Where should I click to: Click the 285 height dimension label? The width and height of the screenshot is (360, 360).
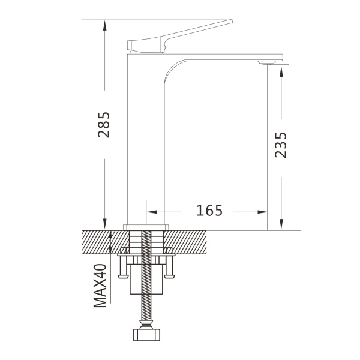click(104, 125)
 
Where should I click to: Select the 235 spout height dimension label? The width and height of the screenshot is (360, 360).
click(281, 145)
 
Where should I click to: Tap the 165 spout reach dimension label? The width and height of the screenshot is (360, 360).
click(209, 211)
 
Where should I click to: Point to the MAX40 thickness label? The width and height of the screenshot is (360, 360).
click(100, 286)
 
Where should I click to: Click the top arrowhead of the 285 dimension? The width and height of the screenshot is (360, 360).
click(104, 25)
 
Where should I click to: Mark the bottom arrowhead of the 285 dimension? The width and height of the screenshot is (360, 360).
click(104, 224)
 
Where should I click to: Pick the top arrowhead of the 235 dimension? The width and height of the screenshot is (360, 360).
click(281, 71)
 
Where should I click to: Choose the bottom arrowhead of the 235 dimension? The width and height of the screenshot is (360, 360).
click(281, 224)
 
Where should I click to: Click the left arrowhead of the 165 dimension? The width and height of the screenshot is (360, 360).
click(152, 212)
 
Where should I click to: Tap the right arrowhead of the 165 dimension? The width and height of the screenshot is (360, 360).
click(262, 212)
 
